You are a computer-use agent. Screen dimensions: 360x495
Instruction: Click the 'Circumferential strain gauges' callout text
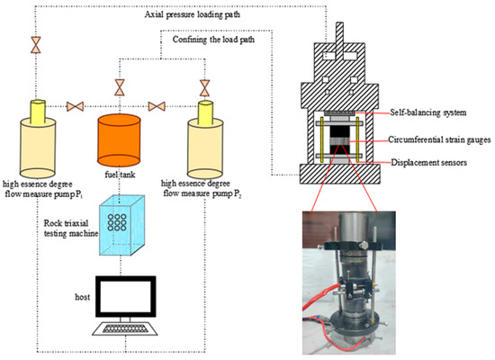[x=430, y=141]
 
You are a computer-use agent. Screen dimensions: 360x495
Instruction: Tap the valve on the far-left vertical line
[x=36, y=44]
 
